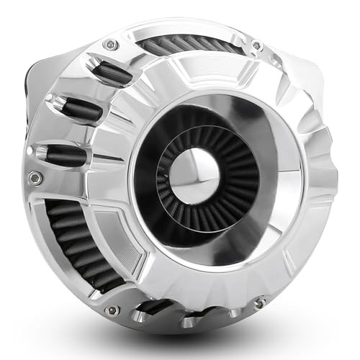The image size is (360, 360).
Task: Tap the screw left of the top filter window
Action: [x=110, y=45]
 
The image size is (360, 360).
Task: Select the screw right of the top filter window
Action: [x=256, y=47]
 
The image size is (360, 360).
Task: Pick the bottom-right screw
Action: [x=259, y=302]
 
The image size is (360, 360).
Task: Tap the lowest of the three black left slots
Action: [x=65, y=153]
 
